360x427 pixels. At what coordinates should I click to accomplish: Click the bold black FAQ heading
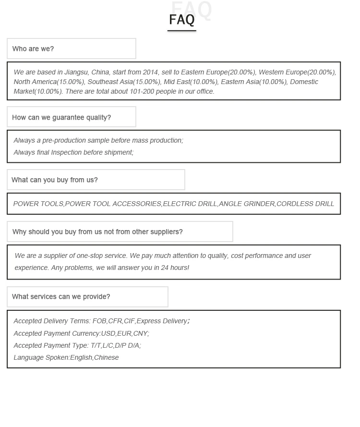(182, 20)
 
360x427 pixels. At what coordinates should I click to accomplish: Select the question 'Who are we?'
(33, 49)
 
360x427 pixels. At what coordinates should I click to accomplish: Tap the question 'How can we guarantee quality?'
(61, 118)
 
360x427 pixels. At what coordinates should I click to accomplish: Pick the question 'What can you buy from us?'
(55, 180)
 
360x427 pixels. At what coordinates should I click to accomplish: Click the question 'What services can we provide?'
(61, 297)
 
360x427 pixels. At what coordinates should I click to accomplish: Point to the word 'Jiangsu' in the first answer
(76, 73)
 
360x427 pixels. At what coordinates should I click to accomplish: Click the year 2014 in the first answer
(150, 73)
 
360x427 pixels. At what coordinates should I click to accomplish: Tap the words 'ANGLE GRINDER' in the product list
(247, 204)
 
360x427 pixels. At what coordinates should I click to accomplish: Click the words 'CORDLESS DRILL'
(305, 204)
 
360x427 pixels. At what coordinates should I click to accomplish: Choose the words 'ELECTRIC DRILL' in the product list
(190, 204)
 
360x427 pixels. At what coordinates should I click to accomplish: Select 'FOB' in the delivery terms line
(99, 321)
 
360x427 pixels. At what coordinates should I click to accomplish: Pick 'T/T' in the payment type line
(96, 346)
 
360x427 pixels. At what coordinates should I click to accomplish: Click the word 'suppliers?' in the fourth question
(166, 232)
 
